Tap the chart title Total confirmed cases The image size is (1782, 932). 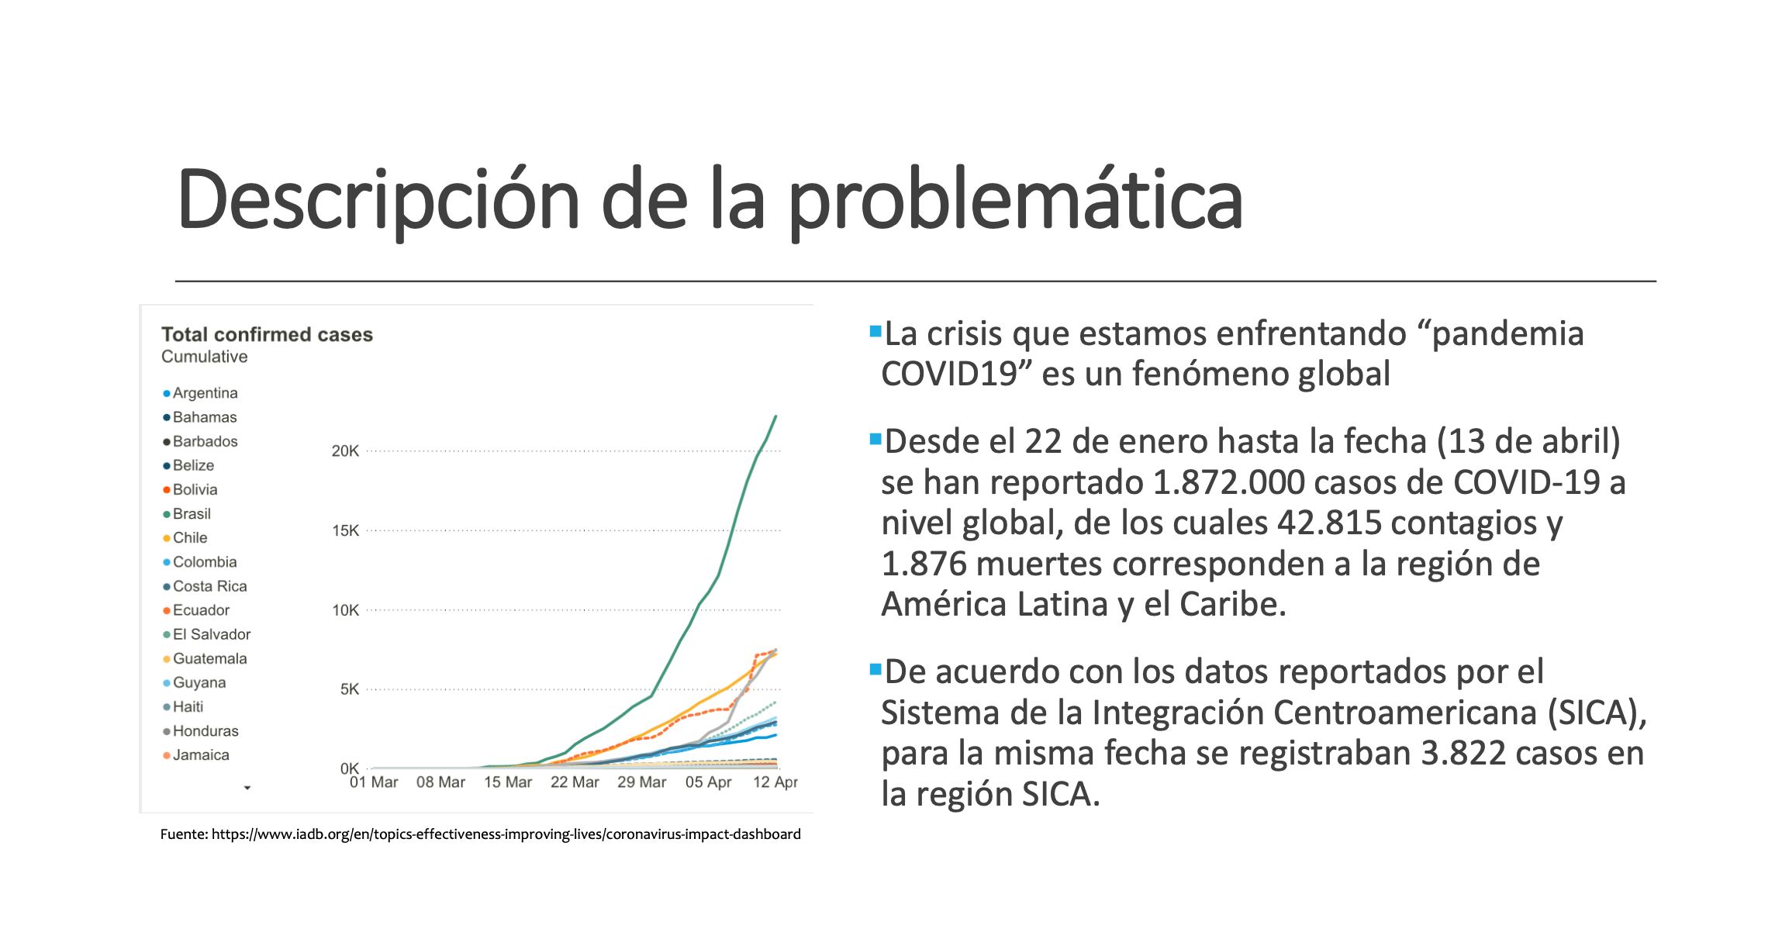(267, 334)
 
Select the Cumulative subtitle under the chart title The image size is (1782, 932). (204, 357)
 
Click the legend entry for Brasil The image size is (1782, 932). (191, 514)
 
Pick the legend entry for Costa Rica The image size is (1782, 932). (209, 586)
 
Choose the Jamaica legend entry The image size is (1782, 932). (200, 755)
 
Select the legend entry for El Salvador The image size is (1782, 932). (211, 634)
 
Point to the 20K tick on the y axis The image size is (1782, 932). (345, 451)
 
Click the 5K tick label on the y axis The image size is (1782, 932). (349, 689)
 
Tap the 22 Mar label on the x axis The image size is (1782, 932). (575, 782)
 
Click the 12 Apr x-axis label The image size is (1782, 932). (775, 782)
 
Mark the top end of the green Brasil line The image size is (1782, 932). (775, 417)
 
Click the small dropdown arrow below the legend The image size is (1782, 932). (247, 788)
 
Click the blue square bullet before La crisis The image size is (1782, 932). (875, 332)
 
